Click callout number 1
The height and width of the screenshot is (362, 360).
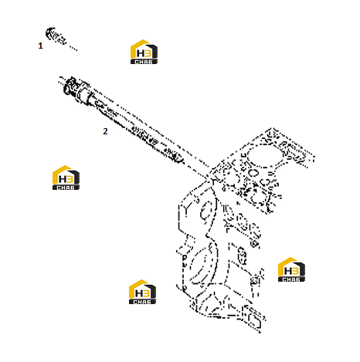click(x=40, y=46)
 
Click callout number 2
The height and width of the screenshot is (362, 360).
click(x=105, y=131)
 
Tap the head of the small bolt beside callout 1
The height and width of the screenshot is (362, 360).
click(x=50, y=33)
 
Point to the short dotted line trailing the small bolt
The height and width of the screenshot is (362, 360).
click(x=72, y=47)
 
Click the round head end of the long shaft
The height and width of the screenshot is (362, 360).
click(x=70, y=85)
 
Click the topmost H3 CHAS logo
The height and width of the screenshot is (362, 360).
click(x=144, y=52)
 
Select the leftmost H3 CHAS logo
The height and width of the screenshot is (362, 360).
click(x=66, y=178)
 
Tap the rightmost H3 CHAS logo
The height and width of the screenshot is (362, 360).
click(x=291, y=269)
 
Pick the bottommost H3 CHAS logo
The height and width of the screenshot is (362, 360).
click(x=142, y=292)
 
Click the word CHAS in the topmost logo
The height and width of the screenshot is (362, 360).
click(x=144, y=62)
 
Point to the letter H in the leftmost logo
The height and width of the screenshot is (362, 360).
click(x=63, y=179)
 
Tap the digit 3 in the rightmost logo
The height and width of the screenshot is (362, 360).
click(x=295, y=271)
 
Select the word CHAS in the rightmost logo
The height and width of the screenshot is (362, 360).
click(x=291, y=279)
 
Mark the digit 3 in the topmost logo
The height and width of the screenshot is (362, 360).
click(x=148, y=53)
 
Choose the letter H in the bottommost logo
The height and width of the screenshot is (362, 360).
click(x=139, y=293)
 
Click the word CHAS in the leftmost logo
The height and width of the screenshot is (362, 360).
click(x=66, y=188)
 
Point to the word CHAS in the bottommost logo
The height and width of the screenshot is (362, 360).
click(x=142, y=302)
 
